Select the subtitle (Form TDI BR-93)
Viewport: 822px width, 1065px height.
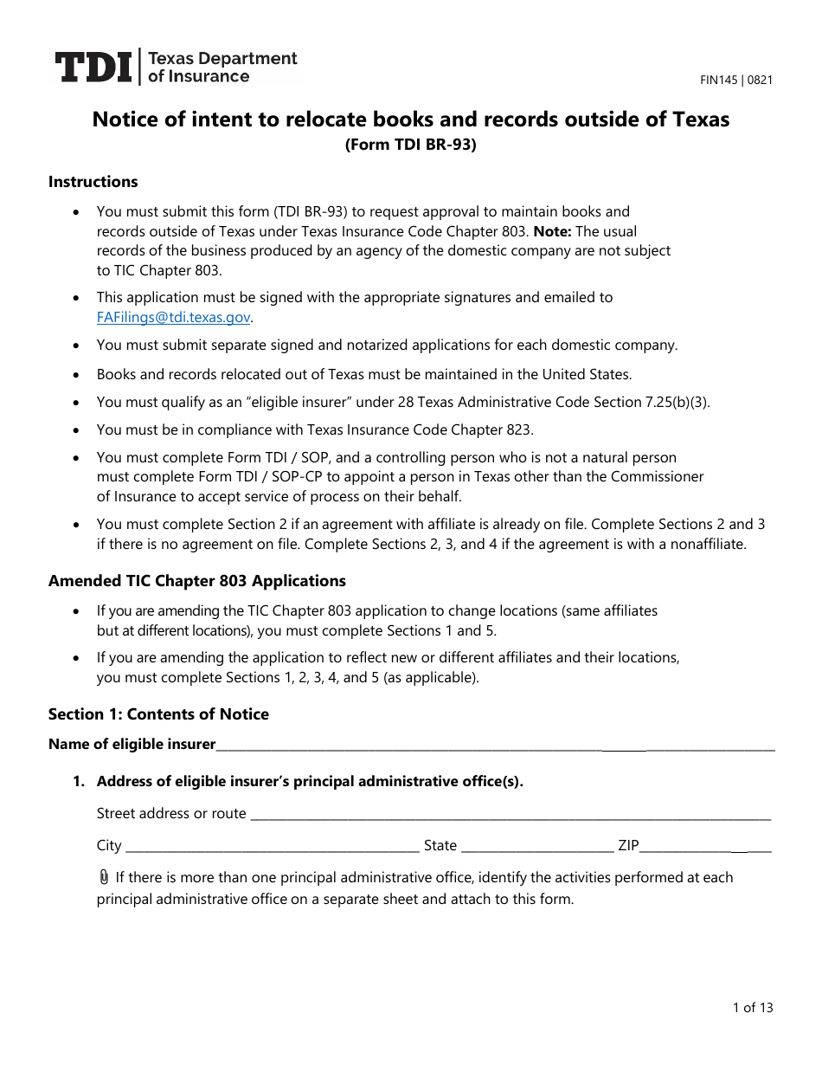point(411,145)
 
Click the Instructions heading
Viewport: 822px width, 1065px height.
point(93,182)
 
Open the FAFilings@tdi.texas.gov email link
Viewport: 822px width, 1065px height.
point(173,318)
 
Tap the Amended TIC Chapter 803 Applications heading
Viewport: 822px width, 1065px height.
point(197,581)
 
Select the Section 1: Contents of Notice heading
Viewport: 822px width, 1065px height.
point(158,714)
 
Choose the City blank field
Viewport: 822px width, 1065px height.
point(272,847)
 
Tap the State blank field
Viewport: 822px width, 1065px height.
point(536,847)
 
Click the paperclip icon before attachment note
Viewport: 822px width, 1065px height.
point(104,877)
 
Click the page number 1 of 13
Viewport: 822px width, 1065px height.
point(752,1007)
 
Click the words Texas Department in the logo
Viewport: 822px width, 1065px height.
point(223,59)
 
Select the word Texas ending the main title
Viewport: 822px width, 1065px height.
point(700,119)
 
